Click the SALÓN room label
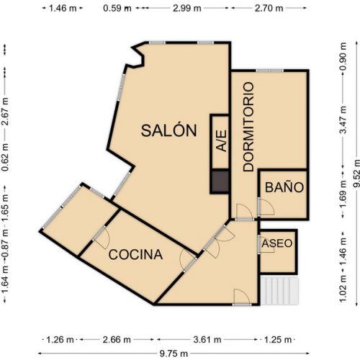pyautogui.click(x=168, y=130)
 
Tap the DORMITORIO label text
pyautogui.click(x=249, y=127)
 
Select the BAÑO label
pyautogui.click(x=284, y=187)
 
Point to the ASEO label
pyautogui.click(x=277, y=243)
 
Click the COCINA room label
pyautogui.click(x=135, y=254)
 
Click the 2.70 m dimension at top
pyautogui.click(x=270, y=9)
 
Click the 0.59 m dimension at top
pyautogui.click(x=117, y=9)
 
